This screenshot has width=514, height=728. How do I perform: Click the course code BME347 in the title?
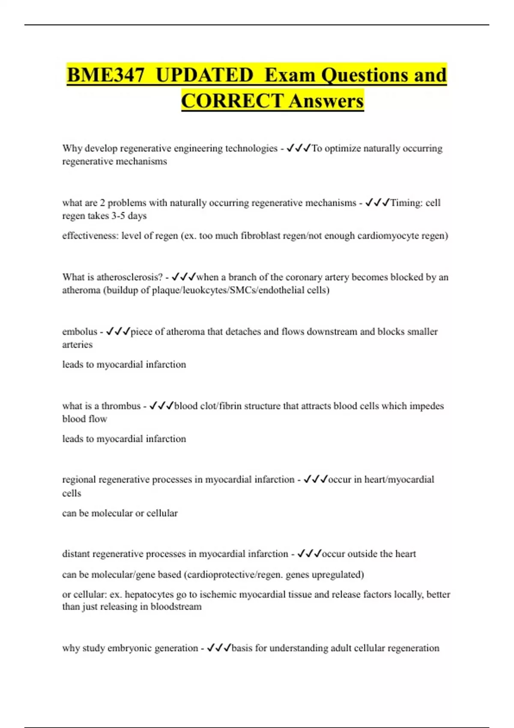(x=106, y=75)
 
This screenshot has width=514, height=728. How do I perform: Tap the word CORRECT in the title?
(x=232, y=101)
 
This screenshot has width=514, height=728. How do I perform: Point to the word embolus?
(x=80, y=331)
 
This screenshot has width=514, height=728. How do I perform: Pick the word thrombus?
(x=121, y=406)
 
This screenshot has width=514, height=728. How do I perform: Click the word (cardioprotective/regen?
(x=233, y=574)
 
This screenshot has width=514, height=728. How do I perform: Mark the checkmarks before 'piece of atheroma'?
(x=118, y=331)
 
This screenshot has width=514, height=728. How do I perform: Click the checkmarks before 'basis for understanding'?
(x=219, y=648)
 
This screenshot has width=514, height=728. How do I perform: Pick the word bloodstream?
(x=176, y=607)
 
